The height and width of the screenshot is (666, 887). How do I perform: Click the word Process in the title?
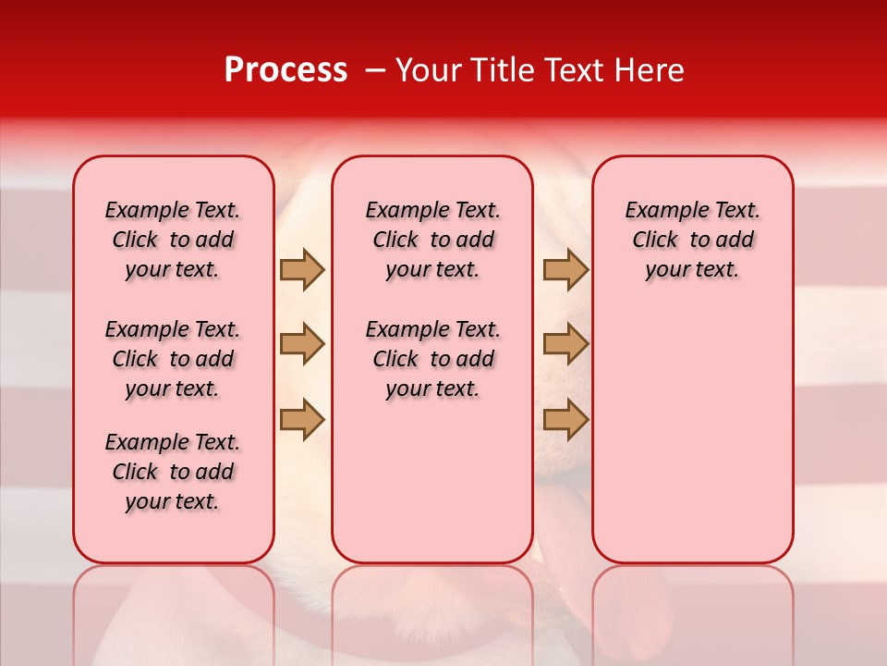click(286, 69)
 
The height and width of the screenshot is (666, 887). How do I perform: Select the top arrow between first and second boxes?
click(302, 269)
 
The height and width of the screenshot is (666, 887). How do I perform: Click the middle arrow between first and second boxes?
click(302, 344)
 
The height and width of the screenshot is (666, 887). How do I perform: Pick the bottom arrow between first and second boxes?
click(302, 419)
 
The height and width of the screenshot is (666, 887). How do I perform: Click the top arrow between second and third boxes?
click(565, 269)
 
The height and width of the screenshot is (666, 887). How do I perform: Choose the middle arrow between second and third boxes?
click(565, 344)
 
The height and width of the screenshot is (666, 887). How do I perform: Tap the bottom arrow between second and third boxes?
click(565, 419)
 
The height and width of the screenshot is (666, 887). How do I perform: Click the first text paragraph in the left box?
click(173, 240)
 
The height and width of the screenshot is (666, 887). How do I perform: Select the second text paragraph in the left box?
click(173, 359)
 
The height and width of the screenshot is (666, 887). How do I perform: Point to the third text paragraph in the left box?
click(173, 472)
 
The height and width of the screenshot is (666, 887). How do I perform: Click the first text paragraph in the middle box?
click(433, 240)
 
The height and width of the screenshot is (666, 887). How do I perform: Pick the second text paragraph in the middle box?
click(433, 359)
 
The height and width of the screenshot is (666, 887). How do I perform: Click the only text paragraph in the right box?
click(693, 240)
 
